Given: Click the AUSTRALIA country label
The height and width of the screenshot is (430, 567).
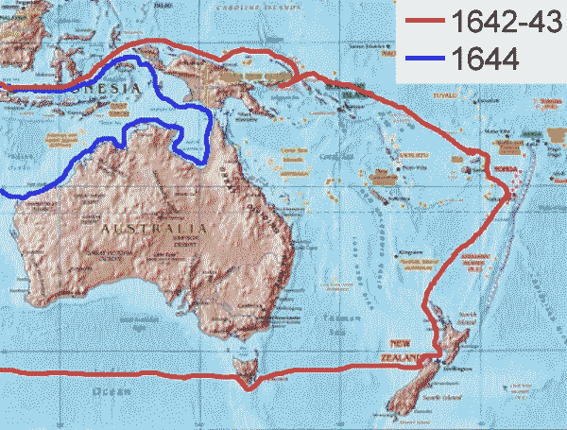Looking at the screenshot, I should coord(151,228).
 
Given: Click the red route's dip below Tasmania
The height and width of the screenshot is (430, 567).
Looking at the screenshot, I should coord(247,386).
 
